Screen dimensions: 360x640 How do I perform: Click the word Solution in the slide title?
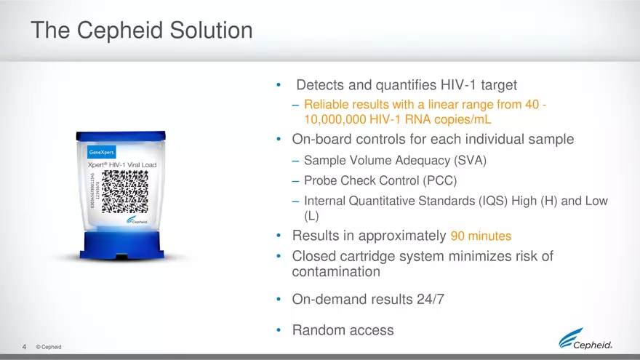210,31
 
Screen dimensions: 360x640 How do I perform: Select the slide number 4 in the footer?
25,347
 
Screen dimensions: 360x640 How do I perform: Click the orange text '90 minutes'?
481,236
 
